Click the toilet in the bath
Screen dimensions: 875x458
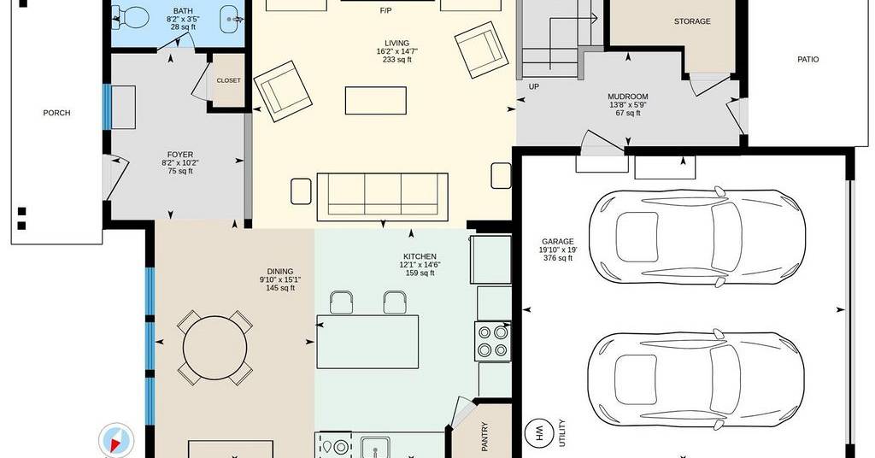pos(130,18)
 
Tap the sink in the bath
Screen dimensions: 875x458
pos(231,19)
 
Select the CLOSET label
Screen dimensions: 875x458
pos(229,80)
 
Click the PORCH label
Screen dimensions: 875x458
pos(57,113)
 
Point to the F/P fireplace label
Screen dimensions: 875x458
pos(385,10)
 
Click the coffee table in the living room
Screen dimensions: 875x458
pos(376,101)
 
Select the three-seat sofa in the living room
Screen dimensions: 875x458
pos(382,197)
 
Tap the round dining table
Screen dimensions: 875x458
pos(214,347)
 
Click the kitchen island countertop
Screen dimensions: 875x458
pos(367,342)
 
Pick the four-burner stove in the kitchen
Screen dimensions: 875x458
pos(493,342)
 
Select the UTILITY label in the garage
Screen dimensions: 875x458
pos(562,432)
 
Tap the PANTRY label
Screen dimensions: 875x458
pos(484,437)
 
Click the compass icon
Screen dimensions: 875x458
pos(116,440)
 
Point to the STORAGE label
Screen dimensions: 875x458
pos(692,21)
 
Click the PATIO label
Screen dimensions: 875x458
pos(808,59)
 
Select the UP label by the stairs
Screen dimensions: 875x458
pos(533,86)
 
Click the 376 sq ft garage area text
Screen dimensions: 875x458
pos(558,258)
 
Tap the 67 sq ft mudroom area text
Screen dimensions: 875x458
pos(628,113)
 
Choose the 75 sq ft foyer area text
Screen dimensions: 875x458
pos(180,171)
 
